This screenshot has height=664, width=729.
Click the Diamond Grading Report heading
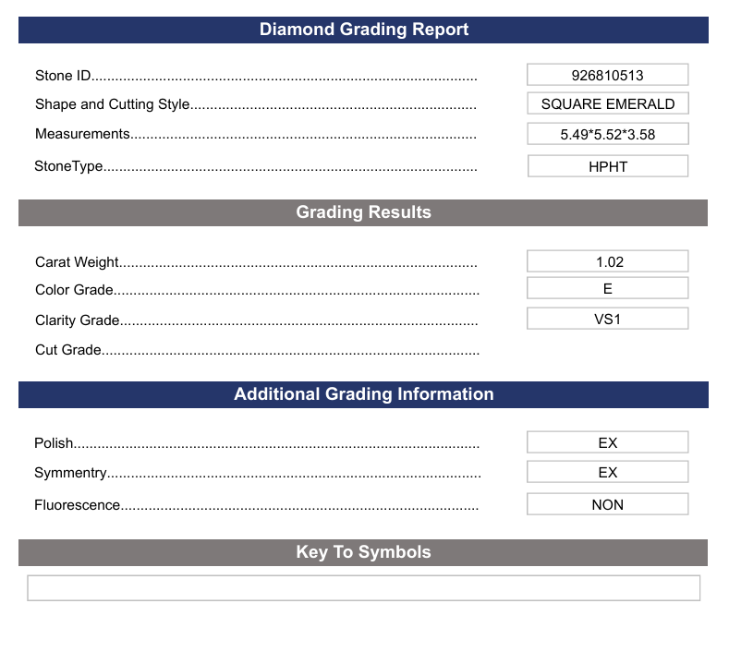tap(363, 30)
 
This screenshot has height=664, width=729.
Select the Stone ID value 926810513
tap(607, 75)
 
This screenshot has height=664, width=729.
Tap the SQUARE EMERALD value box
tap(607, 104)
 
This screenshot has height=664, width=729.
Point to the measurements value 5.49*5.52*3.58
tap(607, 134)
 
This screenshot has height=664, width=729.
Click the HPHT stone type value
tap(607, 167)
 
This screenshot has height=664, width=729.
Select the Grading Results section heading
tap(363, 212)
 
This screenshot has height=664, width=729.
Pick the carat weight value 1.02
tap(607, 262)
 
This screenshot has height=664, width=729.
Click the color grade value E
tap(607, 289)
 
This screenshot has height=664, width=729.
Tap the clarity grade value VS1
tap(607, 320)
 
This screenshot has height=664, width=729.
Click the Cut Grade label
tap(68, 350)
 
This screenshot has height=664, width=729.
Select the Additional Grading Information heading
tap(363, 394)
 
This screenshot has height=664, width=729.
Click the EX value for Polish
tap(607, 443)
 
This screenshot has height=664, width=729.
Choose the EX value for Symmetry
tap(607, 473)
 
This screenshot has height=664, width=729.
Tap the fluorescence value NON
tap(607, 505)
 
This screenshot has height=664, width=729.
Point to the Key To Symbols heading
tap(363, 552)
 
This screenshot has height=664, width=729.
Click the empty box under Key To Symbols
tap(363, 588)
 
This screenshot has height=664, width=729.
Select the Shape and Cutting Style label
tap(113, 104)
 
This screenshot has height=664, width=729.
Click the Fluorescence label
tap(78, 505)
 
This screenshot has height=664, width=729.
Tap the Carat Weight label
tap(78, 262)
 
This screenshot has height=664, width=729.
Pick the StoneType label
tap(68, 167)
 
